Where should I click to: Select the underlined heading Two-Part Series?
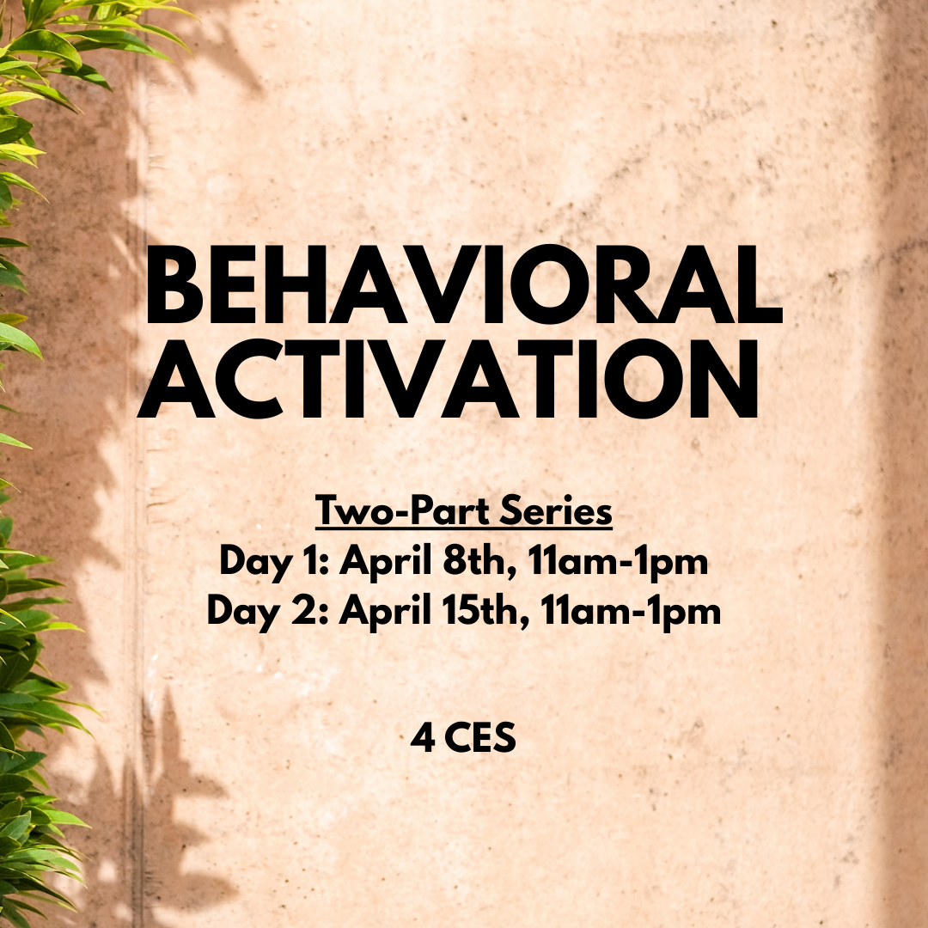click(x=464, y=513)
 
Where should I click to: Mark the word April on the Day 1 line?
click(x=384, y=564)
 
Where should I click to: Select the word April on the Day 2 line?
click(x=384, y=613)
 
